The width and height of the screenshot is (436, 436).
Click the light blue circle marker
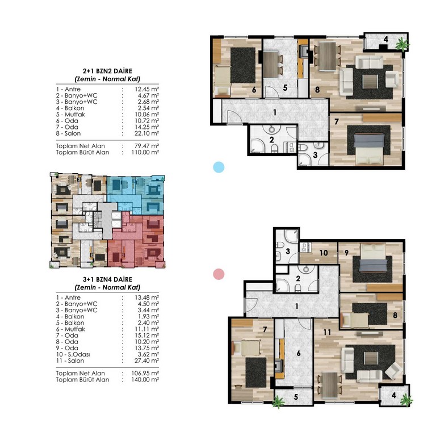[219, 167]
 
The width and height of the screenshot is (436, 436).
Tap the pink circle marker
[219, 274]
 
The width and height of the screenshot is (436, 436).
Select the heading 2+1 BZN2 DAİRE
[107, 71]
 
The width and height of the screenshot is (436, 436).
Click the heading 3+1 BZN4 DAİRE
[107, 279]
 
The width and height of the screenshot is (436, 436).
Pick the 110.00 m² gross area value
[145, 152]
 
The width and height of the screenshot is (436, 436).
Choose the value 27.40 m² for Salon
[146, 360]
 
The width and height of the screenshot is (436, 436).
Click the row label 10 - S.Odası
[73, 354]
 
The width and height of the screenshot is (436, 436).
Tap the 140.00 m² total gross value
[145, 380]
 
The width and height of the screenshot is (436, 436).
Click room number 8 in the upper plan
[317, 90]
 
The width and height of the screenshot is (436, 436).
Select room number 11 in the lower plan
[327, 332]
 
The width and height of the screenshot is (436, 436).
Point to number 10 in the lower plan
[324, 253]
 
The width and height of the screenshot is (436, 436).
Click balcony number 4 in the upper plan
[385, 39]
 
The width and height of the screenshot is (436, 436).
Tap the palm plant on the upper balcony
[403, 44]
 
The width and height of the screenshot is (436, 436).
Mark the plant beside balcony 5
[278, 402]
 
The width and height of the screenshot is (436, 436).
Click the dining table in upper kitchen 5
[271, 65]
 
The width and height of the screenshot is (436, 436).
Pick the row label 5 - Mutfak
[70, 115]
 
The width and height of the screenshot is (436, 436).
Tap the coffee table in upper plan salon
[370, 82]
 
